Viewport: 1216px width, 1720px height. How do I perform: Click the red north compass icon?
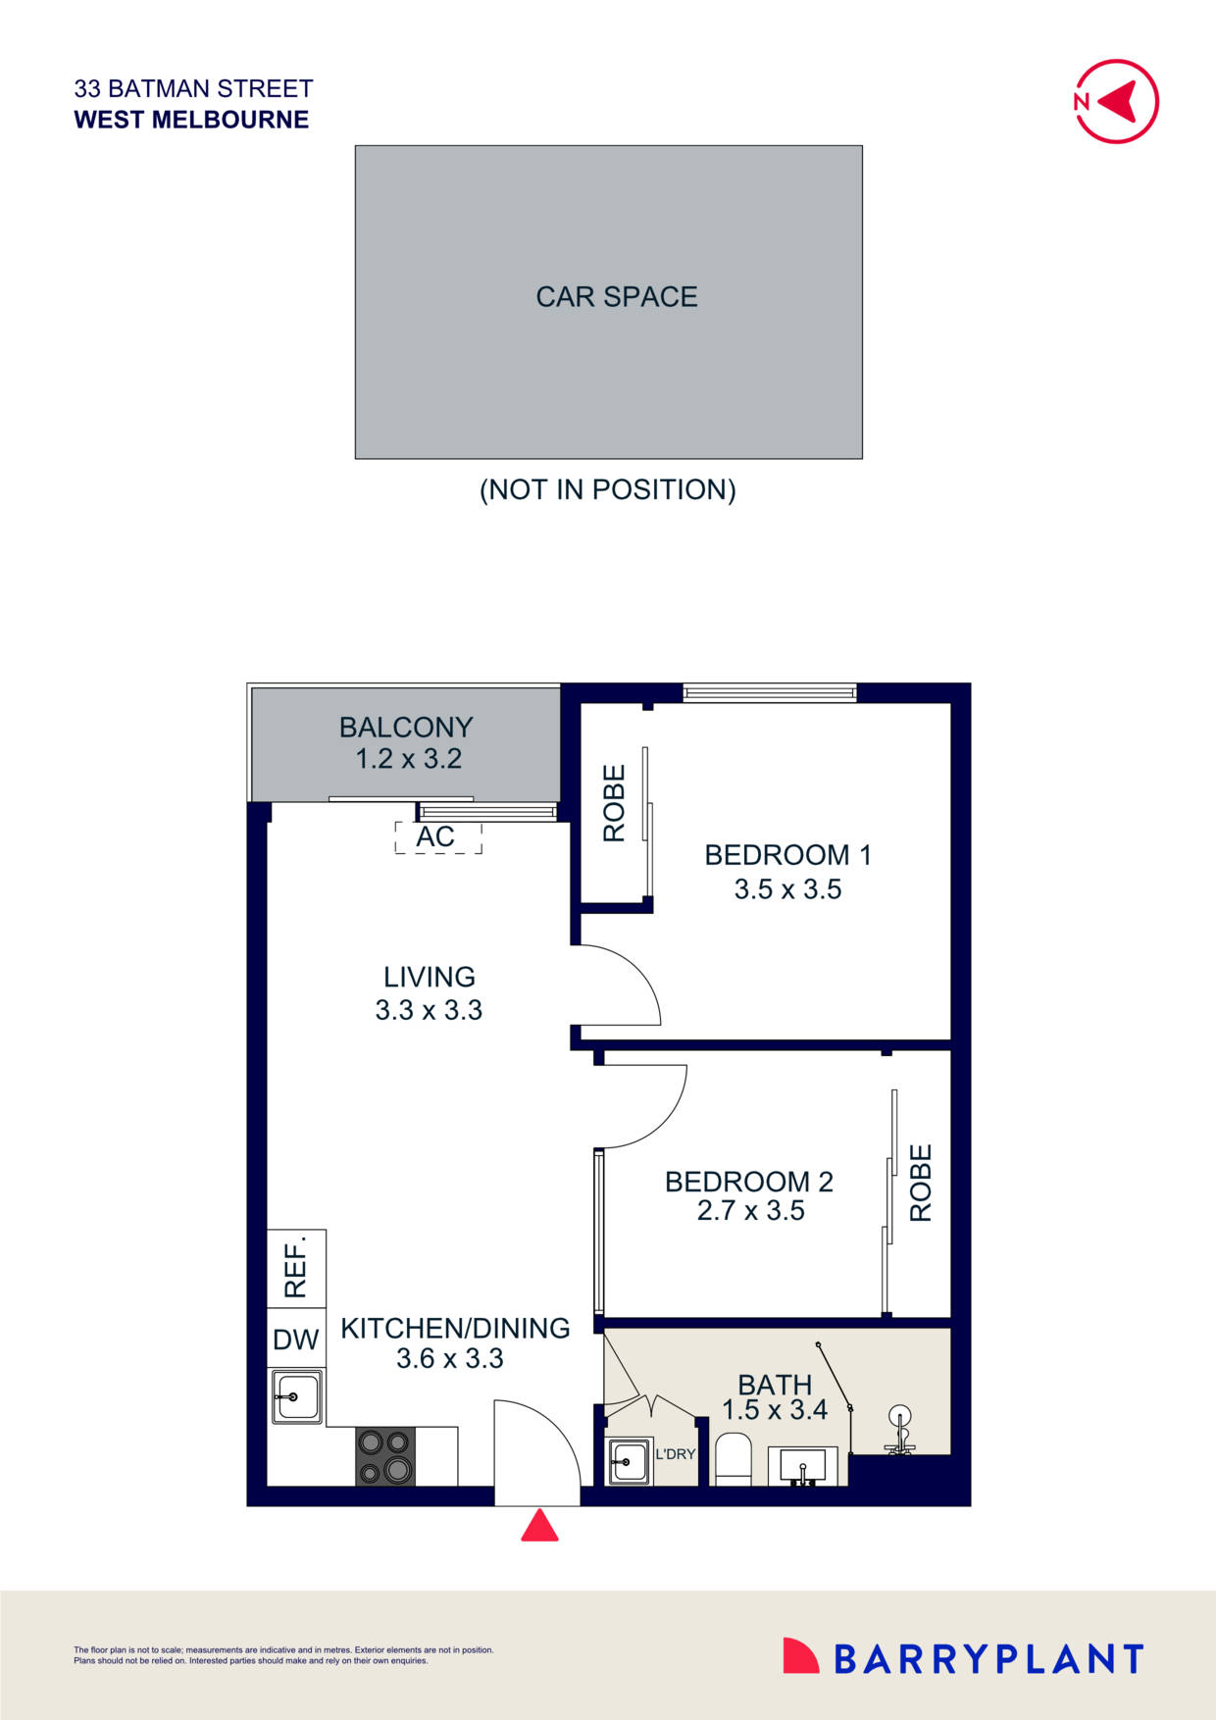click(1117, 101)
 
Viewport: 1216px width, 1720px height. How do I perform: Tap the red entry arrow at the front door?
click(539, 1526)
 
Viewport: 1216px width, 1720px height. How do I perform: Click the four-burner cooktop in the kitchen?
click(385, 1456)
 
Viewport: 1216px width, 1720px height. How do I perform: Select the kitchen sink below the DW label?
click(297, 1396)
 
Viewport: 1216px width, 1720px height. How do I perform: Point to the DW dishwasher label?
click(296, 1340)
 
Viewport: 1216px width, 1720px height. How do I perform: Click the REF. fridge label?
click(296, 1267)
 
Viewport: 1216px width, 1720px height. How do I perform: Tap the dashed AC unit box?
click(437, 837)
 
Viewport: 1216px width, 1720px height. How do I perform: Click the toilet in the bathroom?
click(733, 1458)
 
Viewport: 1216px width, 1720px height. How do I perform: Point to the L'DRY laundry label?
click(675, 1453)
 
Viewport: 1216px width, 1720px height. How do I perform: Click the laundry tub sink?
click(629, 1461)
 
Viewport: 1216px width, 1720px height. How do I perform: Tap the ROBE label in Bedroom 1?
click(614, 803)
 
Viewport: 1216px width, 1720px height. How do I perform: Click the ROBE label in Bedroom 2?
click(921, 1183)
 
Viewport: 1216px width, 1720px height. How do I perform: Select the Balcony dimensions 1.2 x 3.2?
click(408, 759)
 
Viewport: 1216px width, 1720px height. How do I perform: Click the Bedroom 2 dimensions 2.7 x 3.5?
click(750, 1211)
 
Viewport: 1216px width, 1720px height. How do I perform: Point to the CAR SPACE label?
click(616, 296)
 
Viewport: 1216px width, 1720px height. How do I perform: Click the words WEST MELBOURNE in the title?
click(191, 120)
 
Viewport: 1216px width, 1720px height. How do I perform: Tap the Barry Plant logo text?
click(988, 1659)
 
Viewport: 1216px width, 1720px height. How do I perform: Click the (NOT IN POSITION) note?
click(607, 489)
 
